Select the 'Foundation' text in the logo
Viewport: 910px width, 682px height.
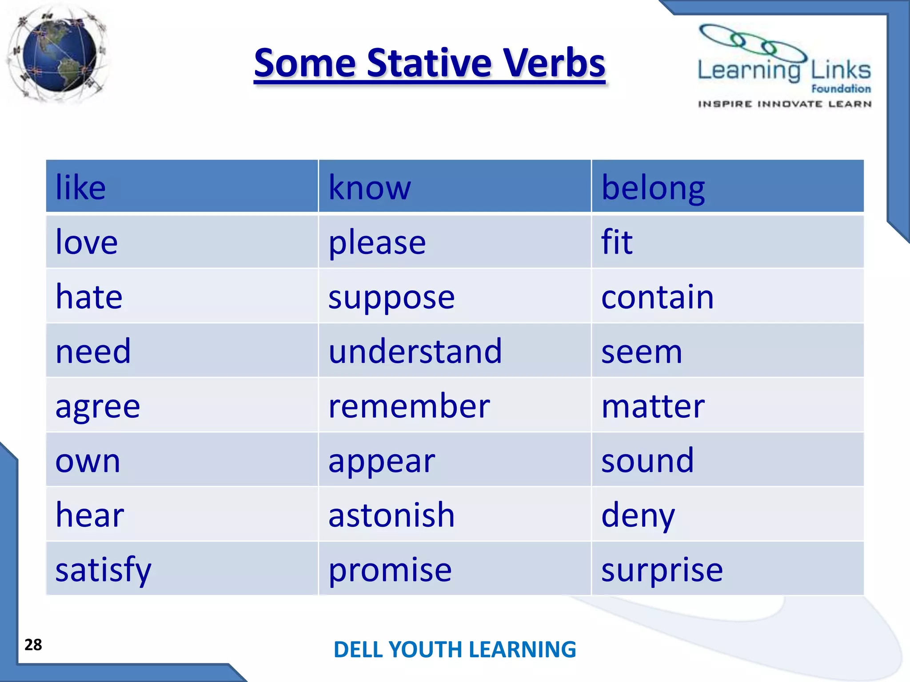point(841,89)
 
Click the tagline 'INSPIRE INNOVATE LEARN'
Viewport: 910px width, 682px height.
point(784,104)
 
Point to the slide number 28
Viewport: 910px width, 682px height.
point(33,644)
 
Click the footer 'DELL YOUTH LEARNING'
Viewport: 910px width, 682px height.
point(455,649)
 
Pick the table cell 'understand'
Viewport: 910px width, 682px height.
point(415,351)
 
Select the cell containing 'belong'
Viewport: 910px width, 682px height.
point(653,188)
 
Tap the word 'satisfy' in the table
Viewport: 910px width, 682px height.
point(103,570)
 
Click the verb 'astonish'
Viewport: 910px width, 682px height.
point(391,515)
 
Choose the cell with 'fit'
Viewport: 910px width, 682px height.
point(616,242)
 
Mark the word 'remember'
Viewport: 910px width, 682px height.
point(409,406)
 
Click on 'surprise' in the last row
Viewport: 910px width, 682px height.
point(662,570)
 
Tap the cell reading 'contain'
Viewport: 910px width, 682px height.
point(657,297)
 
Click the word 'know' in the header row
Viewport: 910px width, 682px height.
point(370,188)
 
